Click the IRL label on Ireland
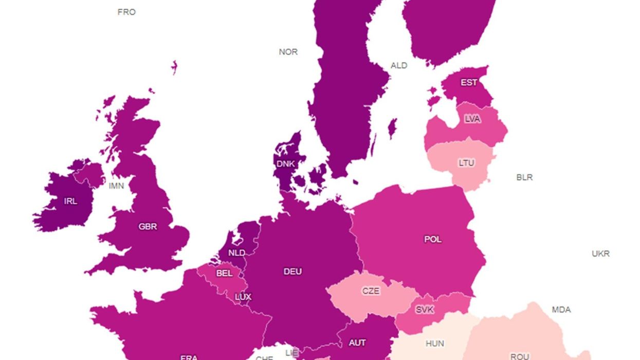pyautogui.click(x=70, y=201)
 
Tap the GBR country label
pyautogui.click(x=148, y=226)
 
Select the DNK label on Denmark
pyautogui.click(x=286, y=164)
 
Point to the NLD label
pyautogui.click(x=236, y=253)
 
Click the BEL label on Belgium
pyautogui.click(x=224, y=273)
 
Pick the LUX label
pyautogui.click(x=243, y=297)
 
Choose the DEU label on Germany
pyautogui.click(x=292, y=271)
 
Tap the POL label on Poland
pyautogui.click(x=432, y=239)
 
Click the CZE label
pyautogui.click(x=371, y=291)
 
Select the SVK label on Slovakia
pyautogui.click(x=424, y=310)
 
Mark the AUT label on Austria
pyautogui.click(x=357, y=343)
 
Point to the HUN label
pyautogui.click(x=435, y=343)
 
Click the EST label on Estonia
pyautogui.click(x=468, y=82)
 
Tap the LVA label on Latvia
pyautogui.click(x=472, y=119)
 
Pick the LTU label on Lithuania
pyautogui.click(x=466, y=163)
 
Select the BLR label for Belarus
pyautogui.click(x=524, y=177)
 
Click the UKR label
pyautogui.click(x=600, y=254)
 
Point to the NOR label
pyautogui.click(x=288, y=52)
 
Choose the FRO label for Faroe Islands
pyautogui.click(x=126, y=12)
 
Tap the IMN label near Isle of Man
pyautogui.click(x=116, y=186)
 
